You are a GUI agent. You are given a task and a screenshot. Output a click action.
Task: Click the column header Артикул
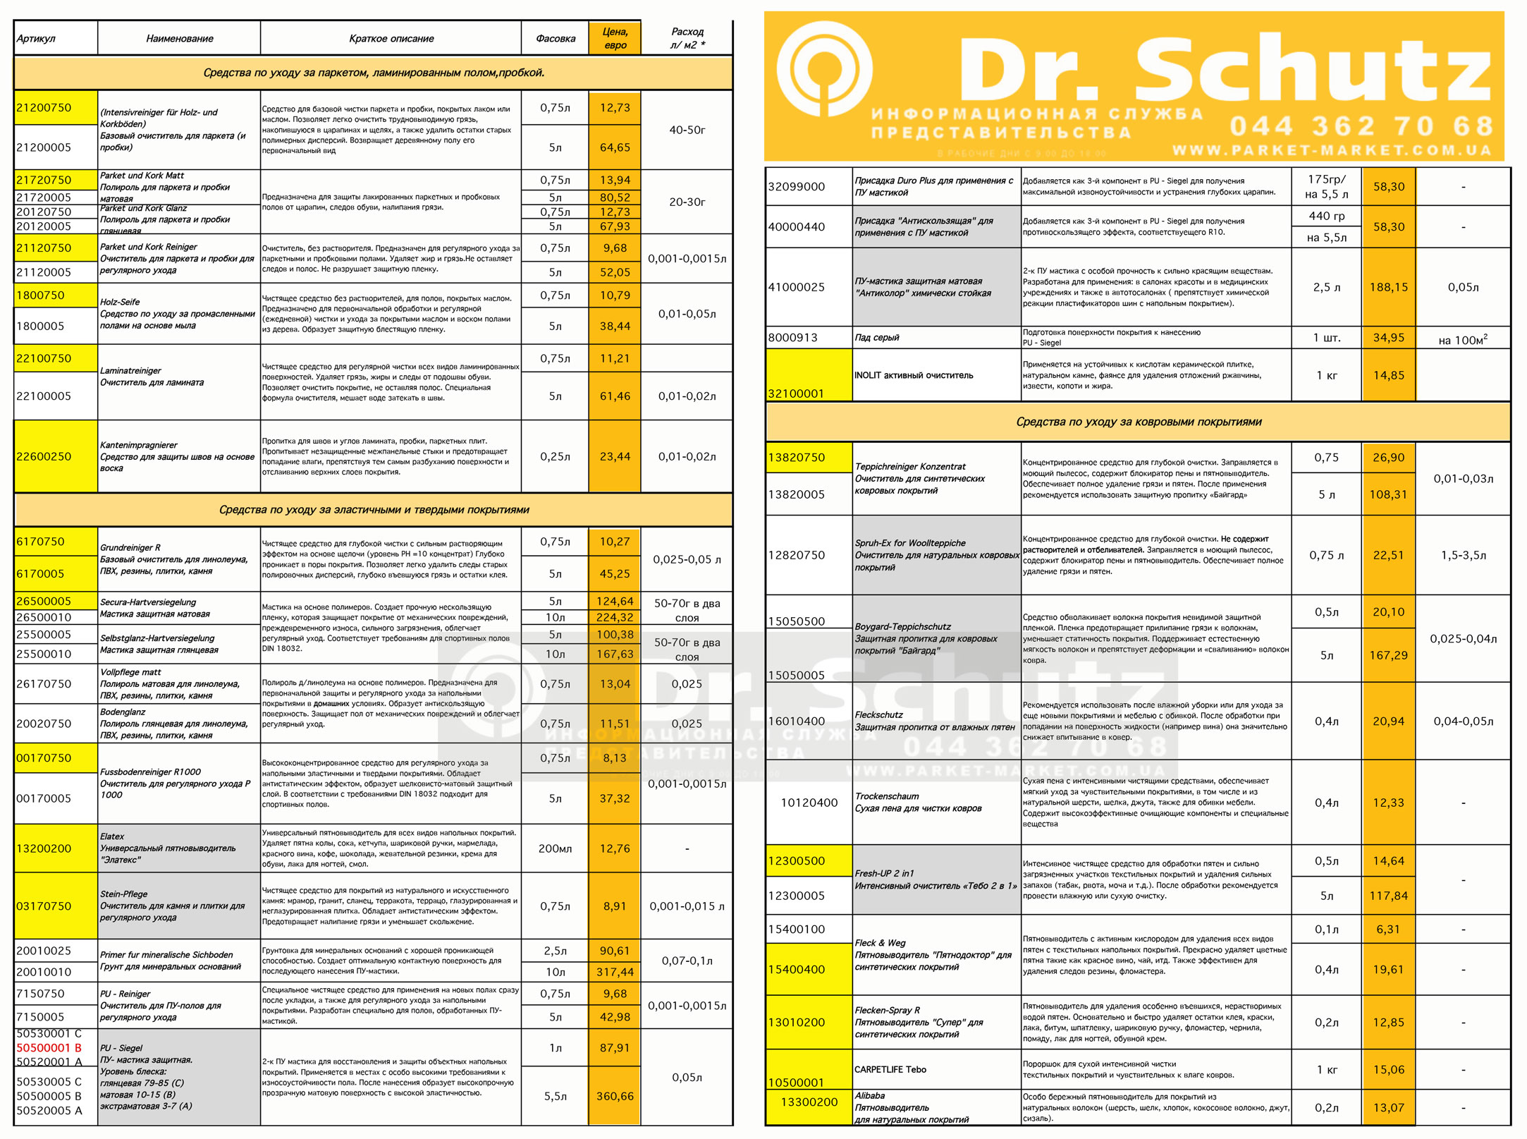pos(36,39)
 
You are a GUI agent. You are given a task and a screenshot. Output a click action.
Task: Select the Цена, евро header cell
pos(615,38)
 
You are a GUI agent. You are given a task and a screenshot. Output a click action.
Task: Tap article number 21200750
pos(44,108)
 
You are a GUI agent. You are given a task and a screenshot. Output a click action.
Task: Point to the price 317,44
pos(615,972)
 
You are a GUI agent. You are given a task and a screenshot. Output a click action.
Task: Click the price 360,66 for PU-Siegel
pos(615,1096)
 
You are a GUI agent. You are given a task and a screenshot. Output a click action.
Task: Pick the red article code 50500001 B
pos(49,1048)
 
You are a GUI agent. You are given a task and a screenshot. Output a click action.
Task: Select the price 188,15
pos(1388,287)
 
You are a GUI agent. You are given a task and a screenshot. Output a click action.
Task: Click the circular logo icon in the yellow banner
pos(824,71)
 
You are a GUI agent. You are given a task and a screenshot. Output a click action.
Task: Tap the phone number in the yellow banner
pos(1361,126)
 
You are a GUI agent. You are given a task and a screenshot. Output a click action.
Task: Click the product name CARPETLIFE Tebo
pos(890,1069)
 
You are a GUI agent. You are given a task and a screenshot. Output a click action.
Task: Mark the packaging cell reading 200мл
pos(555,848)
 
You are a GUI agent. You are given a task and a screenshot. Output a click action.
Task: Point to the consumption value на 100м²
pos(1462,340)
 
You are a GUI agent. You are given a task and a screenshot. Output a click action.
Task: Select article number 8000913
pos(793,338)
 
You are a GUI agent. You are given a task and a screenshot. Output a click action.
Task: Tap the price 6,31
pos(1388,930)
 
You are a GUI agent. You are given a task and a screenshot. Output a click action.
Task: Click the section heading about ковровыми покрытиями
pos(1138,422)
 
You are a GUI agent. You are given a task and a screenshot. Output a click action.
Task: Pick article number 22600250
pos(44,456)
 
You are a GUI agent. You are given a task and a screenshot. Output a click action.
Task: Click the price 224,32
pos(615,617)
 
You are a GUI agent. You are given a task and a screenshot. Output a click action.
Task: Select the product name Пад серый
pos(877,338)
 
